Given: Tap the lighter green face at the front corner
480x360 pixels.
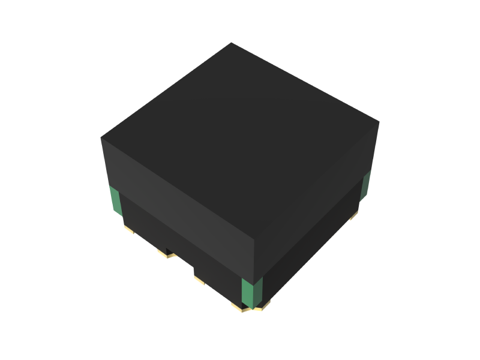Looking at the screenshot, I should pos(247,293).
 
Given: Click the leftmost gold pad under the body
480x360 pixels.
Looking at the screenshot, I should pos(128,229).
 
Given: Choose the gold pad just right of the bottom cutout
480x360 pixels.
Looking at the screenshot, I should pos(199,279).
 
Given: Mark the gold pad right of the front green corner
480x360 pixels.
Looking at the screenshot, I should pos(263,305).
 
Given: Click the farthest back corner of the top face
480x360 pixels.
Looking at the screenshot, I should pos(232,43).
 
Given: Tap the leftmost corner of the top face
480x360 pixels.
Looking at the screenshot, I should pos(101,138).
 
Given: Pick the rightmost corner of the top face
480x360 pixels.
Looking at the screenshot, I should pos(379,122).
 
